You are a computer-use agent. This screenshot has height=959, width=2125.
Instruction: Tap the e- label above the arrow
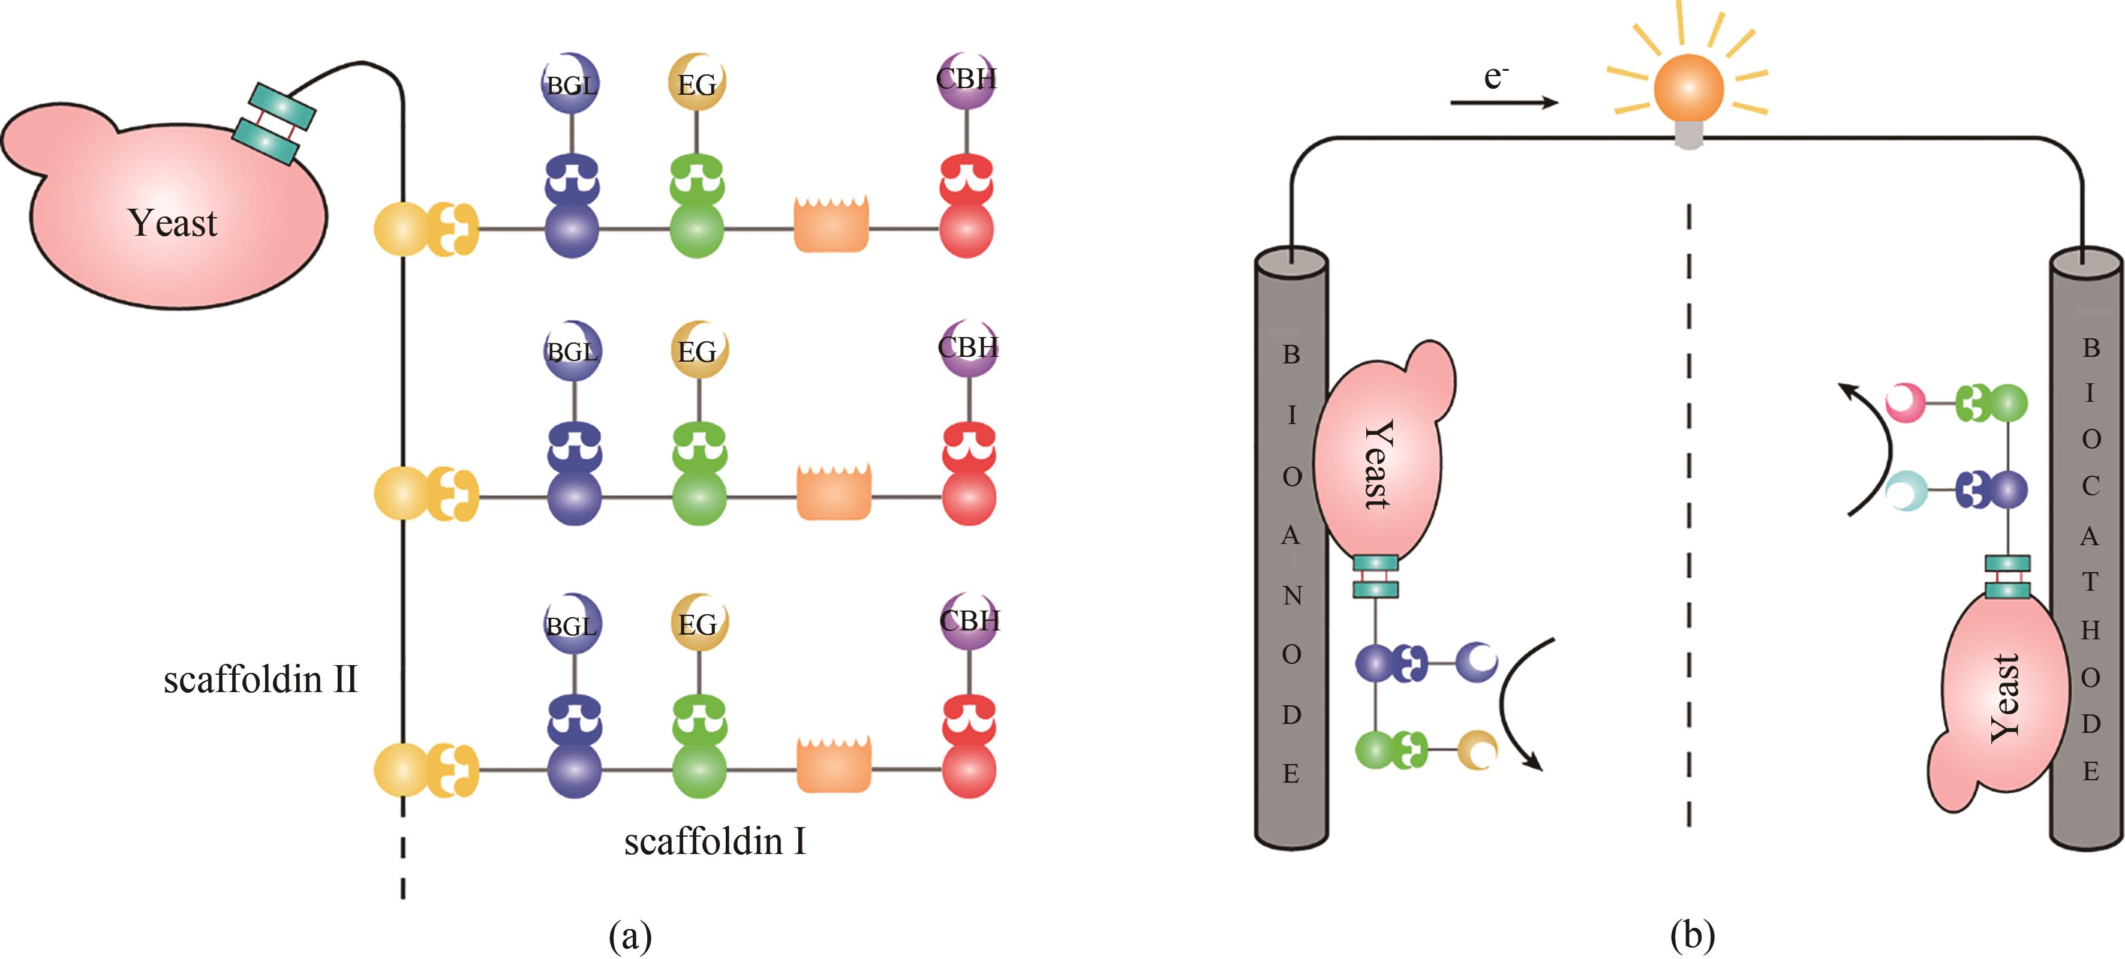tap(1496, 77)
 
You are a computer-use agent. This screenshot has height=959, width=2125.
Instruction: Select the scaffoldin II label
tap(261, 680)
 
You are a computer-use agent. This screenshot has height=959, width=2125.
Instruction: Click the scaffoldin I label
tap(714, 842)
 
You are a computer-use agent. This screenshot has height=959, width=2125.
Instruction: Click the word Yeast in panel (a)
tap(172, 223)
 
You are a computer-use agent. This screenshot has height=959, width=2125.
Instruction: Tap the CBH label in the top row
tap(967, 80)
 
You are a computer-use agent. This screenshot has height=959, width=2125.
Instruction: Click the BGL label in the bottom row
tap(571, 626)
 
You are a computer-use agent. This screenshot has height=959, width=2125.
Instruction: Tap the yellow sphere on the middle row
tap(402, 494)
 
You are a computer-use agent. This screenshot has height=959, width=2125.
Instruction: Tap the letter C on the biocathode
tap(2090, 486)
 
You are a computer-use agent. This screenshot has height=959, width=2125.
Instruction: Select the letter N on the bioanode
tap(1292, 596)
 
